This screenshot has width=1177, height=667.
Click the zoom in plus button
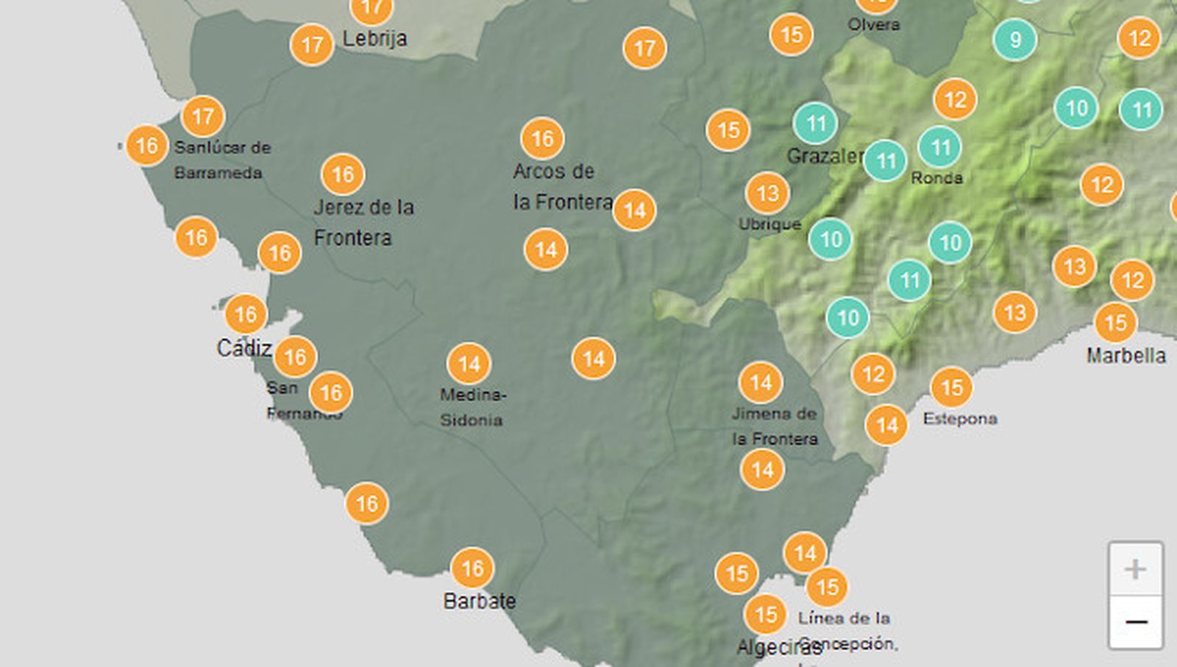click(x=1135, y=568)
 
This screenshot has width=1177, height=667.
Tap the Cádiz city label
click(x=244, y=347)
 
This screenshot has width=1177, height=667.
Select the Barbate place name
click(x=479, y=601)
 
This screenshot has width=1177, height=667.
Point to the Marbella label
click(x=1126, y=355)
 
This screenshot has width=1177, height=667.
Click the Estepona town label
click(x=960, y=418)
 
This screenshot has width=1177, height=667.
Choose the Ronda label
click(x=936, y=177)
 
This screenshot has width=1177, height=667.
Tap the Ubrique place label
click(x=769, y=224)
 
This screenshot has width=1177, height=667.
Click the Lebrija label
click(x=374, y=38)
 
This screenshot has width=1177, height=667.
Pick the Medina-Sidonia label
click(x=472, y=407)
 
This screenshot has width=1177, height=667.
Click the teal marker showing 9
click(x=1015, y=39)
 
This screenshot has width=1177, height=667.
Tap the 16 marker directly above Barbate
click(x=472, y=568)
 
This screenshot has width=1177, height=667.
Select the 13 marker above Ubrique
click(x=767, y=193)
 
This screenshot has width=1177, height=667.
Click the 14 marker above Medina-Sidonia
click(x=469, y=363)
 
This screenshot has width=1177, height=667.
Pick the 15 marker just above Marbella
click(x=1115, y=322)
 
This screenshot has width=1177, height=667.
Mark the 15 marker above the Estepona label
click(x=951, y=387)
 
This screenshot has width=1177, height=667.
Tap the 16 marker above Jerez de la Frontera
click(x=343, y=174)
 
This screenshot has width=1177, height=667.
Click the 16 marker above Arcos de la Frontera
click(x=542, y=138)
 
